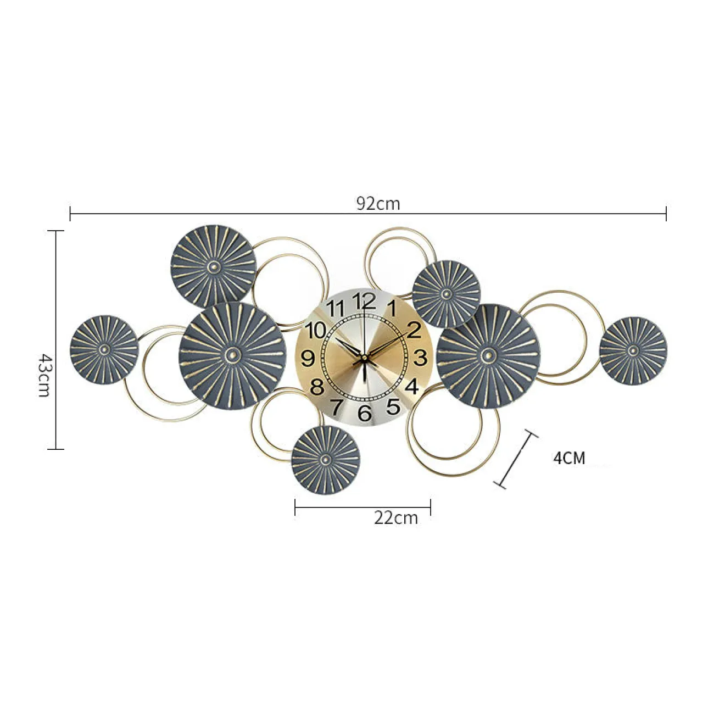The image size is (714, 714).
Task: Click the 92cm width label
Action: [378, 203]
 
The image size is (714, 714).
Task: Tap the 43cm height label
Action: [44, 375]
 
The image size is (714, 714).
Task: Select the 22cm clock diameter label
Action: [395, 518]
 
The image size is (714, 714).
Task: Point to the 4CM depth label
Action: [569, 459]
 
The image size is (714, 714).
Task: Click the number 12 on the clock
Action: [364, 301]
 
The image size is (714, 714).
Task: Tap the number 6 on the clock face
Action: [365, 413]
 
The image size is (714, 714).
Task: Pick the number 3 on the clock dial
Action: [420, 358]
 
